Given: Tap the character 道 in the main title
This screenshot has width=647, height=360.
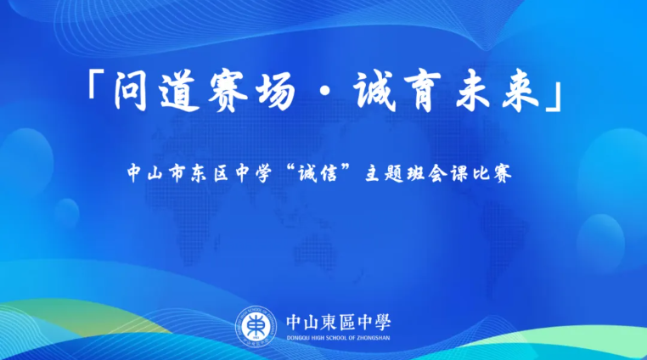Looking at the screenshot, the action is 180,93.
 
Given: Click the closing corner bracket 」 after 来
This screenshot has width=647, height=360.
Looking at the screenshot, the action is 554,98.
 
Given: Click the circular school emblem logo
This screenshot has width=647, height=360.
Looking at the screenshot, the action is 256,326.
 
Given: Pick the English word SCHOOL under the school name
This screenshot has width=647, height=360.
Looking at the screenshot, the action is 337,338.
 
